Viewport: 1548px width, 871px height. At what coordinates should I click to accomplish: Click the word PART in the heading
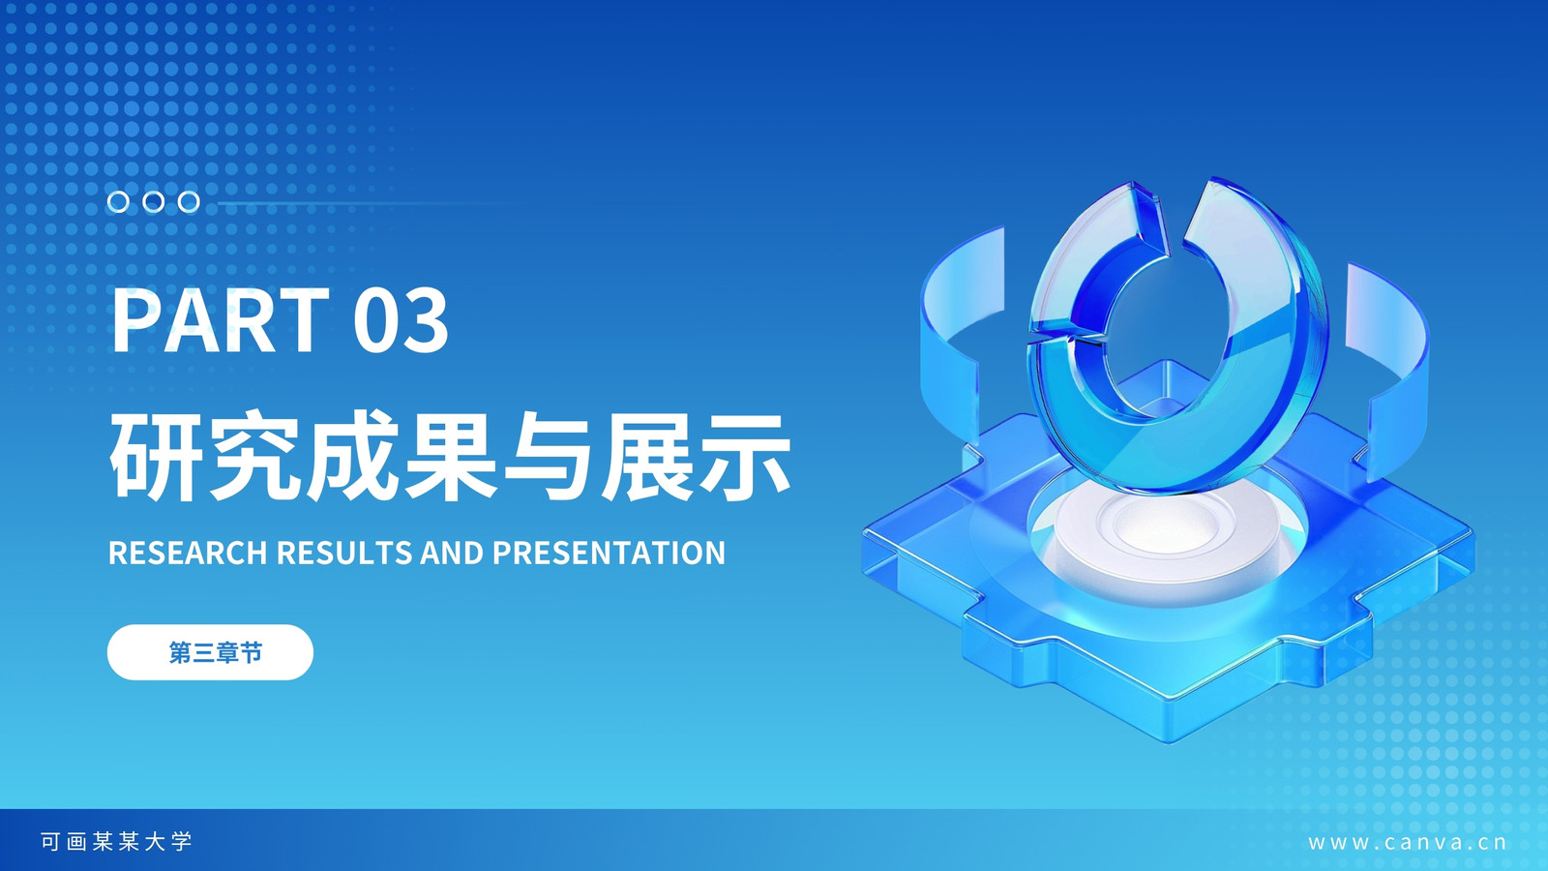[221, 320]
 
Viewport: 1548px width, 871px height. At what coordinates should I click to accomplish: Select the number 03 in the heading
[401, 320]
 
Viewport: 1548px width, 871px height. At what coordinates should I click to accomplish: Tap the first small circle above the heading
[118, 202]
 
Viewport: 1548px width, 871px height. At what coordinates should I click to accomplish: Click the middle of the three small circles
[154, 202]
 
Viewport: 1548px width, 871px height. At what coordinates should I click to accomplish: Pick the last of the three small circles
[189, 202]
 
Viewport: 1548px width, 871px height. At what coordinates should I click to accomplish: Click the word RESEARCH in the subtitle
[188, 553]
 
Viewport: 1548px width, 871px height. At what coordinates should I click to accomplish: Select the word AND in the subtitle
[452, 553]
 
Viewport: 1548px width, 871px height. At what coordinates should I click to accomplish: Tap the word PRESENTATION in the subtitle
[609, 553]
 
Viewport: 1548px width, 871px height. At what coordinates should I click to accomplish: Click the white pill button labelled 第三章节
[210, 652]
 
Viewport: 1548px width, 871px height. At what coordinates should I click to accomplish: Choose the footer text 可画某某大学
[116, 841]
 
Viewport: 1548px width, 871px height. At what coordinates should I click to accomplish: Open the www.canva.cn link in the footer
[1408, 843]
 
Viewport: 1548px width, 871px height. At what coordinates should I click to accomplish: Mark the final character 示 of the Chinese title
[745, 456]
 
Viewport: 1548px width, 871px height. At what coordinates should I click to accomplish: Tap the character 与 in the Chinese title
[550, 456]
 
